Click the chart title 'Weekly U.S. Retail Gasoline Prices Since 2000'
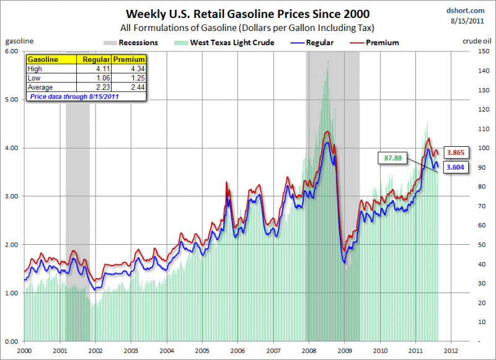point(247,14)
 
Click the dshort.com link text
point(466,11)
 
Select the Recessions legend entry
point(131,43)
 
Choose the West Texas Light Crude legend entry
point(224,43)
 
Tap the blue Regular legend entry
point(312,43)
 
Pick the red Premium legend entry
point(374,43)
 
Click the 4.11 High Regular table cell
point(94,69)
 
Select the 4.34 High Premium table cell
point(129,69)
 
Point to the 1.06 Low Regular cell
point(94,77)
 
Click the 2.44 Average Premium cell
point(129,87)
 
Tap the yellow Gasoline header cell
point(51,59)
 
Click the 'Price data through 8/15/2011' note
point(74,97)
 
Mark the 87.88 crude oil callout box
point(392,158)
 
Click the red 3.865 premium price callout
point(456,152)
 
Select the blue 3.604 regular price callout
point(456,167)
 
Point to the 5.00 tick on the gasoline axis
point(12,100)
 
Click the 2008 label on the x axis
point(309,351)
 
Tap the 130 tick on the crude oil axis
point(484,90)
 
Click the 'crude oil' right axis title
point(477,41)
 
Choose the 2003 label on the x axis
point(131,351)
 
